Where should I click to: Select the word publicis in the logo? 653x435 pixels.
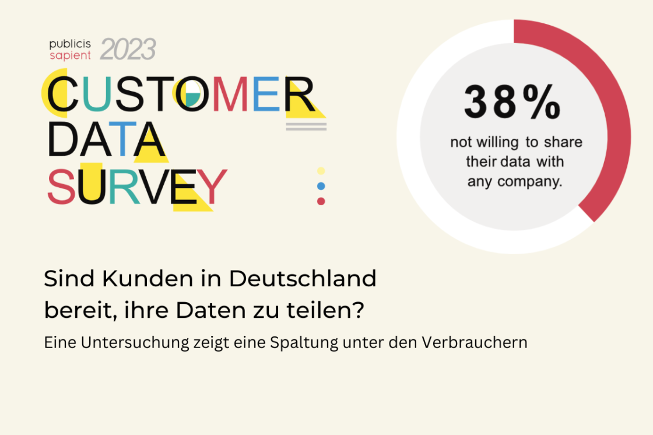pyautogui.click(x=70, y=44)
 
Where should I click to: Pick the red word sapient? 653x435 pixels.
pyautogui.click(x=70, y=55)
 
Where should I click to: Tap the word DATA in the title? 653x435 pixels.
pyautogui.click(x=106, y=140)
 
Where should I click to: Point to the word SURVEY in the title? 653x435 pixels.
pyautogui.click(x=136, y=187)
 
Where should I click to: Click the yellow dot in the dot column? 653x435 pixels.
pyautogui.click(x=321, y=171)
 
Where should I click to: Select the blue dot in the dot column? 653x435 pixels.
pyautogui.click(x=321, y=186)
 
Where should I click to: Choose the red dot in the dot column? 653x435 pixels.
pyautogui.click(x=321, y=201)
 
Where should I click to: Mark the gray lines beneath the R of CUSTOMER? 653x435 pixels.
pyautogui.click(x=306, y=126)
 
